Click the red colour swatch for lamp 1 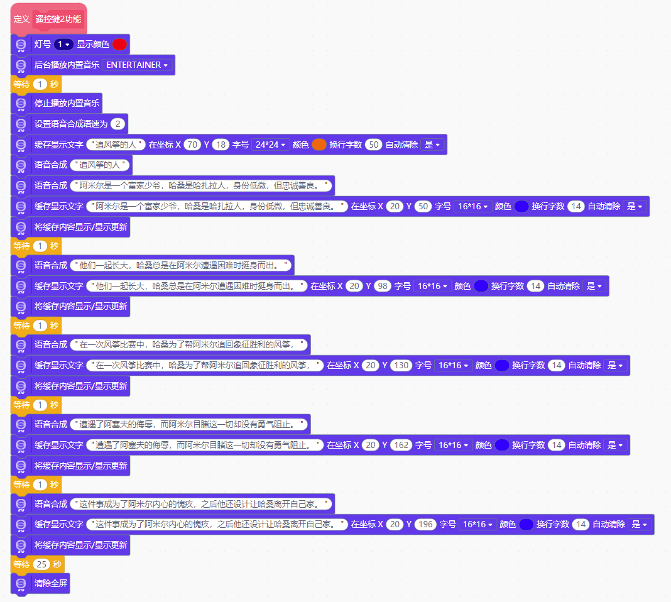[x=119, y=44]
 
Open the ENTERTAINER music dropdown [x=137, y=65]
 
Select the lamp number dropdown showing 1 [x=63, y=44]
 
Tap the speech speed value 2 [x=117, y=124]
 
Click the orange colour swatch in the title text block [x=319, y=145]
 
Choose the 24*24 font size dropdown [x=270, y=145]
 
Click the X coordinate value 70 [x=193, y=145]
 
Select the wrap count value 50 [x=374, y=145]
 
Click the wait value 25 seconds [x=41, y=564]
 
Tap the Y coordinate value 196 [x=425, y=524]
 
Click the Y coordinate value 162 [x=401, y=445]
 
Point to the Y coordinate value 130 [x=401, y=365]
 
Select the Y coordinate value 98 [x=383, y=286]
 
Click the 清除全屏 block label [x=51, y=583]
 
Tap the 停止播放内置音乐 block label [x=67, y=103]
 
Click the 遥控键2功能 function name [x=58, y=19]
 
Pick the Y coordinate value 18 [x=221, y=145]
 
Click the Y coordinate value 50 [x=423, y=206]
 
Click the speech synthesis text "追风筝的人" [x=101, y=165]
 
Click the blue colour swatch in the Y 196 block [x=526, y=524]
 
